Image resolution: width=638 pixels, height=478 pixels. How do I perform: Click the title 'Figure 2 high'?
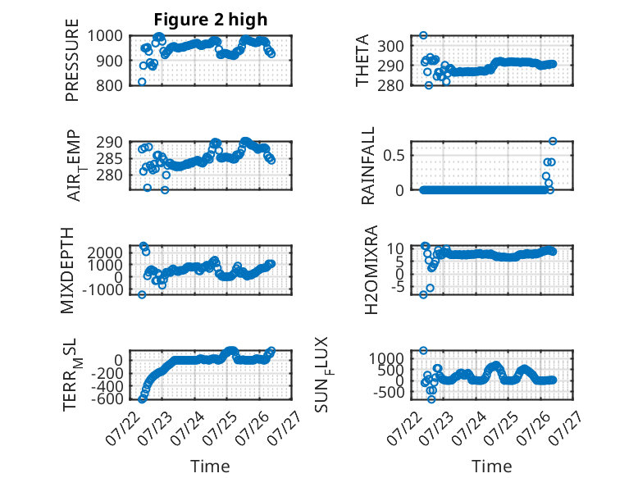pos(211,20)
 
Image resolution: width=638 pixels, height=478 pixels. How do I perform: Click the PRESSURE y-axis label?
pos(71,60)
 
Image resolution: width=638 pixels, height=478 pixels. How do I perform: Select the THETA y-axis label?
pos(362,60)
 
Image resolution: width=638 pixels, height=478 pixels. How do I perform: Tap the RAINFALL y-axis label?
pos(367,166)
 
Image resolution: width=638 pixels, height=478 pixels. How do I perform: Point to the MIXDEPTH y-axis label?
pos(66,271)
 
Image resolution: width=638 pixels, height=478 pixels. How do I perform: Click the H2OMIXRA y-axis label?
pos(371,270)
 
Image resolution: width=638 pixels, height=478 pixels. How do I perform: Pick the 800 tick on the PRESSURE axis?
pos(108,85)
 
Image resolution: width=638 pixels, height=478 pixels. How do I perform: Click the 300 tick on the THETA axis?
pos(390,47)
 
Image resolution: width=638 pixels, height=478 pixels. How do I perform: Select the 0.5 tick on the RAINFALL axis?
pos(393,155)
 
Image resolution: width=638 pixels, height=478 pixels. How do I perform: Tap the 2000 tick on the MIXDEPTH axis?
pos(105,253)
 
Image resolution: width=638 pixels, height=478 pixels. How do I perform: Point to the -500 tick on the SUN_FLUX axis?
pos(387,393)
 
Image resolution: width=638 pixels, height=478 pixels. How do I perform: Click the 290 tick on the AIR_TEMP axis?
pos(109,142)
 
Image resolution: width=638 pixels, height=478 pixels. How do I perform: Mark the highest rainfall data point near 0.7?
pos(553,141)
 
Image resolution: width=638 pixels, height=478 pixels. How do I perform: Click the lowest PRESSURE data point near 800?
pos(142,82)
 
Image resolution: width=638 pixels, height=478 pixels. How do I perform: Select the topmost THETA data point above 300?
pos(424,35)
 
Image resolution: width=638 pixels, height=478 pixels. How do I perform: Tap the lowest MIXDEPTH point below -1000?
pos(142,294)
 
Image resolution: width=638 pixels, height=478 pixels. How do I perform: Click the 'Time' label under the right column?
pos(491,466)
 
